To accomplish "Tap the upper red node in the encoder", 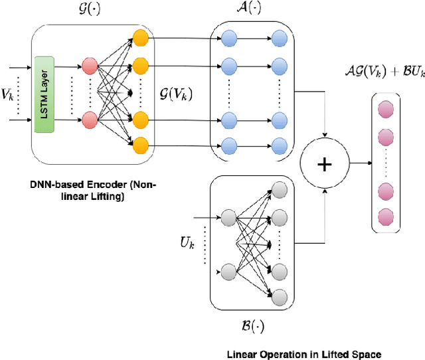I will (x=89, y=67).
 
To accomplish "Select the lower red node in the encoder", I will (x=89, y=120).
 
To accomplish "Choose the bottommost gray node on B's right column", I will (x=279, y=297).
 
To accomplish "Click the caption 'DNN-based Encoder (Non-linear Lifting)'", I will (x=94, y=191).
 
